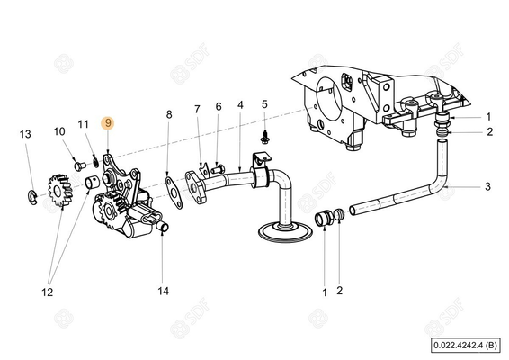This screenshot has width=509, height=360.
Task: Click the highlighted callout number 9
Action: coord(108,122)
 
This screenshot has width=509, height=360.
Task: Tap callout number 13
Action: coord(26,134)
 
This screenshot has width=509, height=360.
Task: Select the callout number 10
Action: coord(59,131)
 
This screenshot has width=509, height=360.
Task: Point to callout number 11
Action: coord(83,123)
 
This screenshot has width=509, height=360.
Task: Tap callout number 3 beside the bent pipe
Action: coord(487,187)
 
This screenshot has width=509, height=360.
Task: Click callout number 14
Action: coord(162,291)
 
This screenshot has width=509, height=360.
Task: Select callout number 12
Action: coord(47,292)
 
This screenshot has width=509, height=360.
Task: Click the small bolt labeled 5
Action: coord(264,138)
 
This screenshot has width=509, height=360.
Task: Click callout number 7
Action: coord(198,110)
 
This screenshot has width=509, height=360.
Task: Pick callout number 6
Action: coord(218,107)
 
